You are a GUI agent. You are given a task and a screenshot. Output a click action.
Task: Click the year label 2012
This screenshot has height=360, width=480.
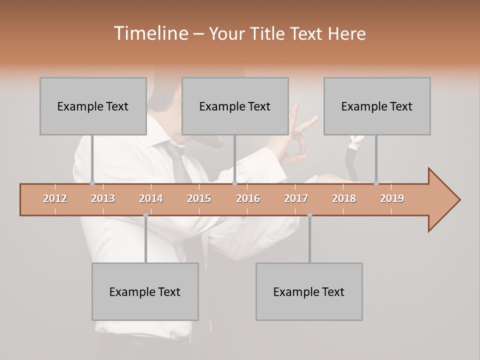[x=55, y=198]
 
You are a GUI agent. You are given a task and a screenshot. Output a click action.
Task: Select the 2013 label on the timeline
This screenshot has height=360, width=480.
[x=103, y=198]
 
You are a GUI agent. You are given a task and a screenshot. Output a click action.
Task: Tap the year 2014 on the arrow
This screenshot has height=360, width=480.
[x=151, y=198]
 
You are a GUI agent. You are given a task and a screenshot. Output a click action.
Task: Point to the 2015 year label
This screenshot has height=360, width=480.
[x=199, y=198]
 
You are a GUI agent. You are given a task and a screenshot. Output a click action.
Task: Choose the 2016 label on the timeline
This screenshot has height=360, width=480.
[x=248, y=198]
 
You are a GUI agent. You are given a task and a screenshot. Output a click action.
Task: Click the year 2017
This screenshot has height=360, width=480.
[x=296, y=198]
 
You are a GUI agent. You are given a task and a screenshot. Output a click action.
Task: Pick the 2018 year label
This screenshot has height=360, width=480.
[x=344, y=198]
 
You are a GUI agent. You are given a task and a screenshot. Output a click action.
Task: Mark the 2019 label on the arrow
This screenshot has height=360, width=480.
[x=392, y=198]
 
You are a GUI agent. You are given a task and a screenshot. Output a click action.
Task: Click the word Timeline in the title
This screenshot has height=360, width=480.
[x=150, y=33]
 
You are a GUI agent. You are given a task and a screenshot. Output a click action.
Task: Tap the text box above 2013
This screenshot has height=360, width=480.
[x=93, y=106]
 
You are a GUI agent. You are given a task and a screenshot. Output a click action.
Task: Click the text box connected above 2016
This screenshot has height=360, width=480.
[x=235, y=106]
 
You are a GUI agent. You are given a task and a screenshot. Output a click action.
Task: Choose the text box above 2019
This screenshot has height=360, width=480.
[x=377, y=106]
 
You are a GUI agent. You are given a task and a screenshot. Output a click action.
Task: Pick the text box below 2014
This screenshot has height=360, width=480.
[x=145, y=291]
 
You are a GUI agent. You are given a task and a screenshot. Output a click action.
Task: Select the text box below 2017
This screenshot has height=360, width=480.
[x=309, y=291]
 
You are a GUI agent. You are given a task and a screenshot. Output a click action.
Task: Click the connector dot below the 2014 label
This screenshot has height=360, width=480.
[x=145, y=215]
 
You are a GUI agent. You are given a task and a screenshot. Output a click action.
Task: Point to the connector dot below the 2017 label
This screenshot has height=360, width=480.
[x=309, y=215]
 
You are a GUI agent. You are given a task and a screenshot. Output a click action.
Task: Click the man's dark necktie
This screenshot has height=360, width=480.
[x=180, y=162]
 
